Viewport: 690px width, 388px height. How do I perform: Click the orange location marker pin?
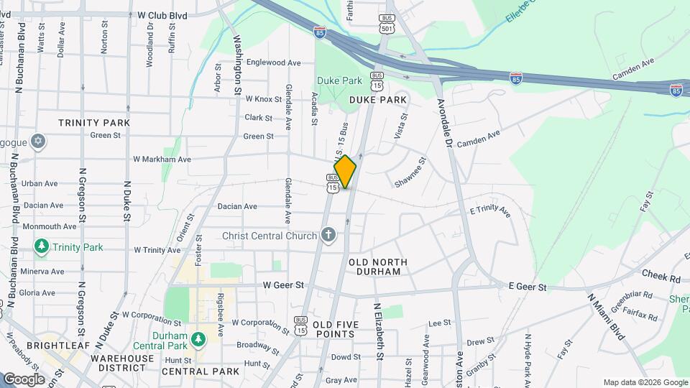tap(345, 172)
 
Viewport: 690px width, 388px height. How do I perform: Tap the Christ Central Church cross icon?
tap(328, 235)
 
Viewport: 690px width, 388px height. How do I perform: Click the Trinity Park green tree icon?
tap(42, 247)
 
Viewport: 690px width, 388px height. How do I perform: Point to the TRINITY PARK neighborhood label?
tap(94, 123)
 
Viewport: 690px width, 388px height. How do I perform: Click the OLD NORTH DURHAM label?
tap(378, 262)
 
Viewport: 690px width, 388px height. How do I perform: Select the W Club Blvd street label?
tap(162, 14)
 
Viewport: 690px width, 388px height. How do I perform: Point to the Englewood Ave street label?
tap(273, 63)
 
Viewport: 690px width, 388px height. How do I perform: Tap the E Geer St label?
tap(528, 287)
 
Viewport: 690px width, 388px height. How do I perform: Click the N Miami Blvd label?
tap(606, 316)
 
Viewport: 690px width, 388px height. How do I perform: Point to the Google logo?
tap(24, 379)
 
